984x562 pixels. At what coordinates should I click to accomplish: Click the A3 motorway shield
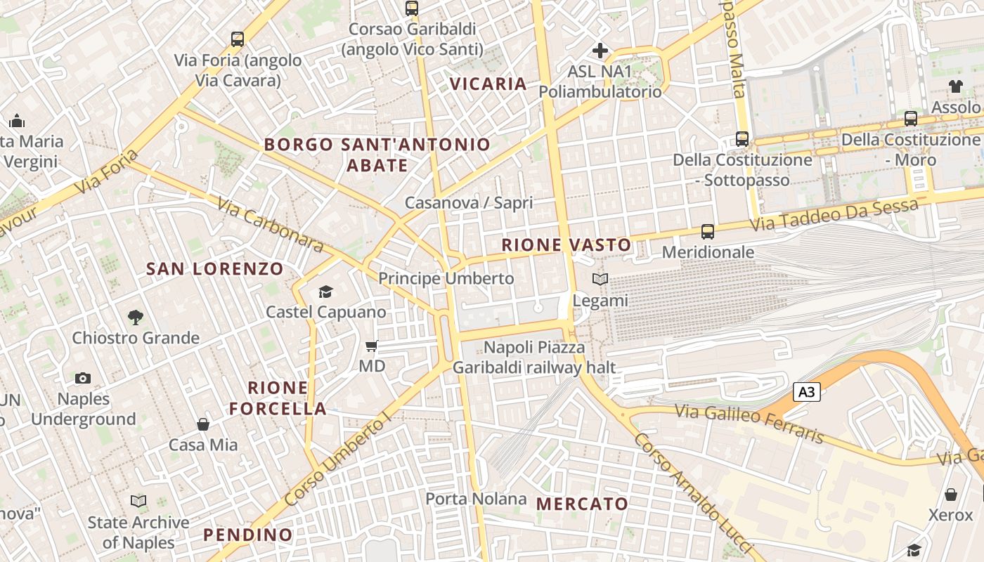(806, 392)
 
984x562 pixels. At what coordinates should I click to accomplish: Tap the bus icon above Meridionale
(708, 232)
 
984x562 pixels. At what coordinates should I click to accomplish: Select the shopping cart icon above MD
(372, 346)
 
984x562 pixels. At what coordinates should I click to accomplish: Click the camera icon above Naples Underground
(83, 379)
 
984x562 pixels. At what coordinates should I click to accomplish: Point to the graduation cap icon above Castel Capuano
(325, 292)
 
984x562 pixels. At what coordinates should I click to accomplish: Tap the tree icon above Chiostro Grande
(136, 318)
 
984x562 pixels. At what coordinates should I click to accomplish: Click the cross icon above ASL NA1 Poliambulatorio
(600, 51)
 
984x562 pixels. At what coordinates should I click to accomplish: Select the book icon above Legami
(600, 280)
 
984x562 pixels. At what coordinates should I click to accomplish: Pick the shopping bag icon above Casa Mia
(203, 424)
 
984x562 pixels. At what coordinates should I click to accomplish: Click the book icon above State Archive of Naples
(138, 502)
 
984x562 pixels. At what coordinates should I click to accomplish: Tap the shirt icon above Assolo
(955, 86)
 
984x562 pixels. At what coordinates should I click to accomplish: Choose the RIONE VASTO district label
(567, 245)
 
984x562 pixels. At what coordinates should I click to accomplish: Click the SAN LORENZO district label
(214, 268)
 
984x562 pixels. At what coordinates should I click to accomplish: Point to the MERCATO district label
(582, 504)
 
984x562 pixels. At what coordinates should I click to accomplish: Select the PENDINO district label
(247, 535)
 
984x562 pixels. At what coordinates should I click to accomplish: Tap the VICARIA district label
(488, 84)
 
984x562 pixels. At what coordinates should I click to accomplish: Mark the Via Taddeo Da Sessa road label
(834, 215)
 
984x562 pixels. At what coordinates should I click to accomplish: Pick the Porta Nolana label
(476, 499)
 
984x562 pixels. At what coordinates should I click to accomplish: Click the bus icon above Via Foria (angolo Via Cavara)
(238, 39)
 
